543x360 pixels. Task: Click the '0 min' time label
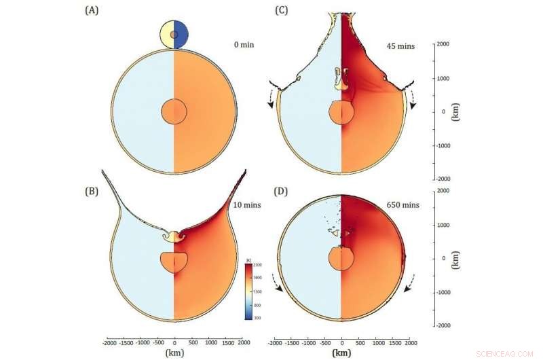(x=236, y=46)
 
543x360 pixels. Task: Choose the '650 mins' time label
(x=404, y=204)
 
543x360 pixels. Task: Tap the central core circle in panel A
(x=174, y=111)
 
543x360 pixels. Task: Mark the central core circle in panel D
(x=341, y=259)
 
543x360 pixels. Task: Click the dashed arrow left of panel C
(x=272, y=99)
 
